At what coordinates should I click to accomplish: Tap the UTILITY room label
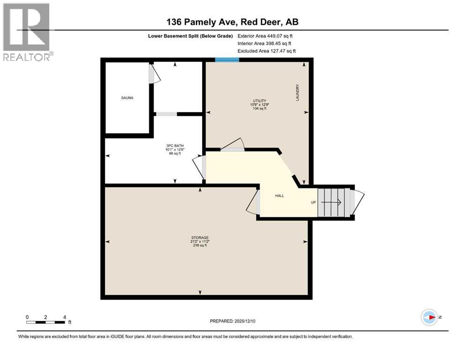click(259, 101)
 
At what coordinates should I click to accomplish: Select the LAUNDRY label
click(297, 92)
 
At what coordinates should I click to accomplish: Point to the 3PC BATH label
click(174, 145)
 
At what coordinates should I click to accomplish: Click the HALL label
click(280, 196)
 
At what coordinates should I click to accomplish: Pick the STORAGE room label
click(200, 238)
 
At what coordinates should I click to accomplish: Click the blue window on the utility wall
click(227, 60)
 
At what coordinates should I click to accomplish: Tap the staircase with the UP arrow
click(334, 202)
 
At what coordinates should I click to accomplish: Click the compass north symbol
click(429, 317)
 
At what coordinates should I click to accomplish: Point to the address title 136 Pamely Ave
click(232, 22)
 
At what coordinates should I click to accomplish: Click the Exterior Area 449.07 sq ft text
click(265, 36)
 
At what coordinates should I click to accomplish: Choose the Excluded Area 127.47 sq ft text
click(266, 51)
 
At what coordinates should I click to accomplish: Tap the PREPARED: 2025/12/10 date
click(233, 321)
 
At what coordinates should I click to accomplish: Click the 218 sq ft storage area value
click(200, 246)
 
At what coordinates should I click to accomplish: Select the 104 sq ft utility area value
click(259, 108)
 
